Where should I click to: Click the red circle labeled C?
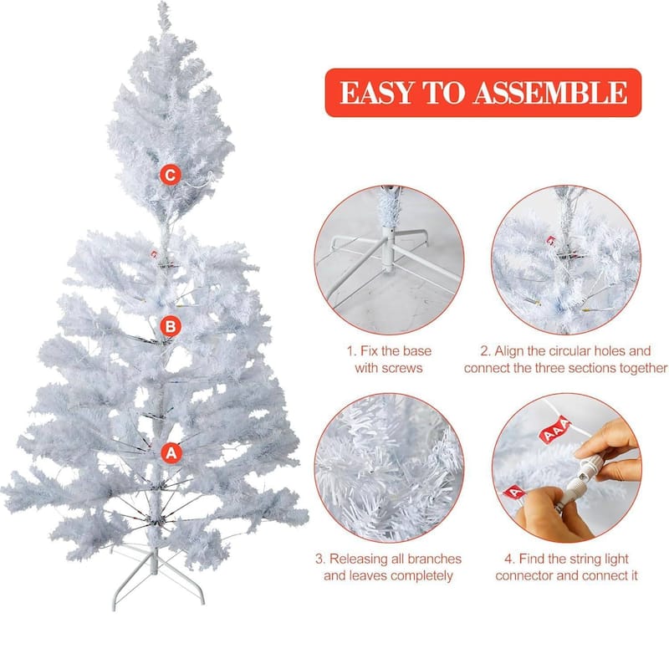(171, 175)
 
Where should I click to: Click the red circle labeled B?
(171, 326)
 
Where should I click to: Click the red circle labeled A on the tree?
(171, 452)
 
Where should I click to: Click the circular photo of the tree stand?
(389, 259)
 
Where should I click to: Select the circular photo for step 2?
(566, 259)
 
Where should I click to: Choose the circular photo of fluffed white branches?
(389, 467)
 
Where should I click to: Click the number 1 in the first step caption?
(350, 351)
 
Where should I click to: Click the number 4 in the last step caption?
(509, 559)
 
